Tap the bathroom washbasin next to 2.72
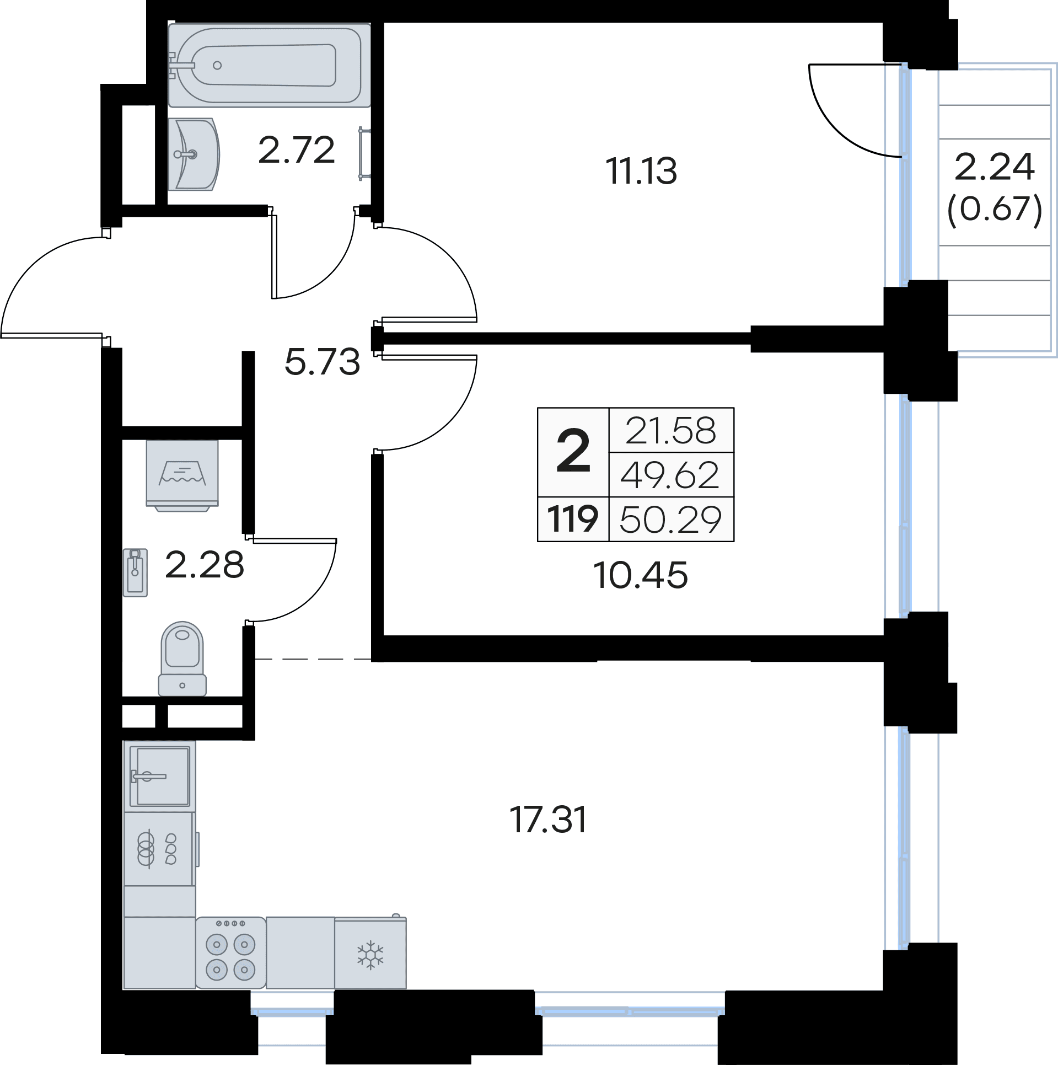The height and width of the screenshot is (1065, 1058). (194, 154)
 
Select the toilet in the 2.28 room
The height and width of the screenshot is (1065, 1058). (182, 659)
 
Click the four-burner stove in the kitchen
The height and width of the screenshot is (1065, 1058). (230, 952)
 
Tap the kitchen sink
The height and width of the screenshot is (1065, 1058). (160, 776)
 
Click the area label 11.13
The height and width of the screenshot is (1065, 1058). (641, 171)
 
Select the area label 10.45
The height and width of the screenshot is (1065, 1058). (641, 576)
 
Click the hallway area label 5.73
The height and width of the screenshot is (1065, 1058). (323, 362)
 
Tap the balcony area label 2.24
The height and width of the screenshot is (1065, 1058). (995, 168)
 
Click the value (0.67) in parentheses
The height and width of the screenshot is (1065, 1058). (995, 210)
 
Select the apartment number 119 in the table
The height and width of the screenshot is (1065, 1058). (573, 520)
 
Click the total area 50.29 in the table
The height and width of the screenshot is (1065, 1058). (671, 520)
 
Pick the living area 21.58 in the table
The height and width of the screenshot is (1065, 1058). (671, 431)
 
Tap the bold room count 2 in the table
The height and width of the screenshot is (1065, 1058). (573, 452)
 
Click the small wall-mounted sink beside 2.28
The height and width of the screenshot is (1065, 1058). (135, 572)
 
